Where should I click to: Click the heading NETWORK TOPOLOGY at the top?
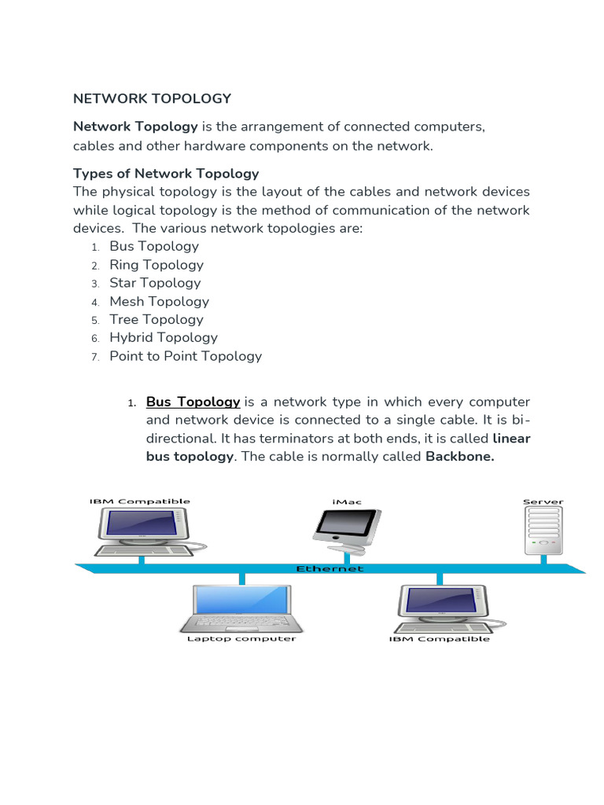click(152, 98)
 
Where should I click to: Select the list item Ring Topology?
click(156, 265)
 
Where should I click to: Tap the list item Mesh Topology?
click(159, 301)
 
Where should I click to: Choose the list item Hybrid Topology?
click(163, 337)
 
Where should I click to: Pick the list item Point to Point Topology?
click(185, 356)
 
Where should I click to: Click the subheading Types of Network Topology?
click(166, 173)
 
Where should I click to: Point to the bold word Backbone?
click(459, 457)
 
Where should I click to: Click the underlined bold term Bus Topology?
click(193, 402)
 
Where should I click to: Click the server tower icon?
click(543, 527)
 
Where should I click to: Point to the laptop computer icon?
click(241, 608)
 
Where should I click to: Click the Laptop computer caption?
click(241, 639)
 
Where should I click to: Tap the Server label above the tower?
click(543, 501)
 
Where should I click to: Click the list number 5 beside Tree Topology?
click(94, 320)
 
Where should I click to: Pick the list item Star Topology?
click(155, 283)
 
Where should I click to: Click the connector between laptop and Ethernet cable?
click(241, 579)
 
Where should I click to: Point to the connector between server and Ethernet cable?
click(543, 558)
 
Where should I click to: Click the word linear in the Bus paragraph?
click(511, 438)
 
